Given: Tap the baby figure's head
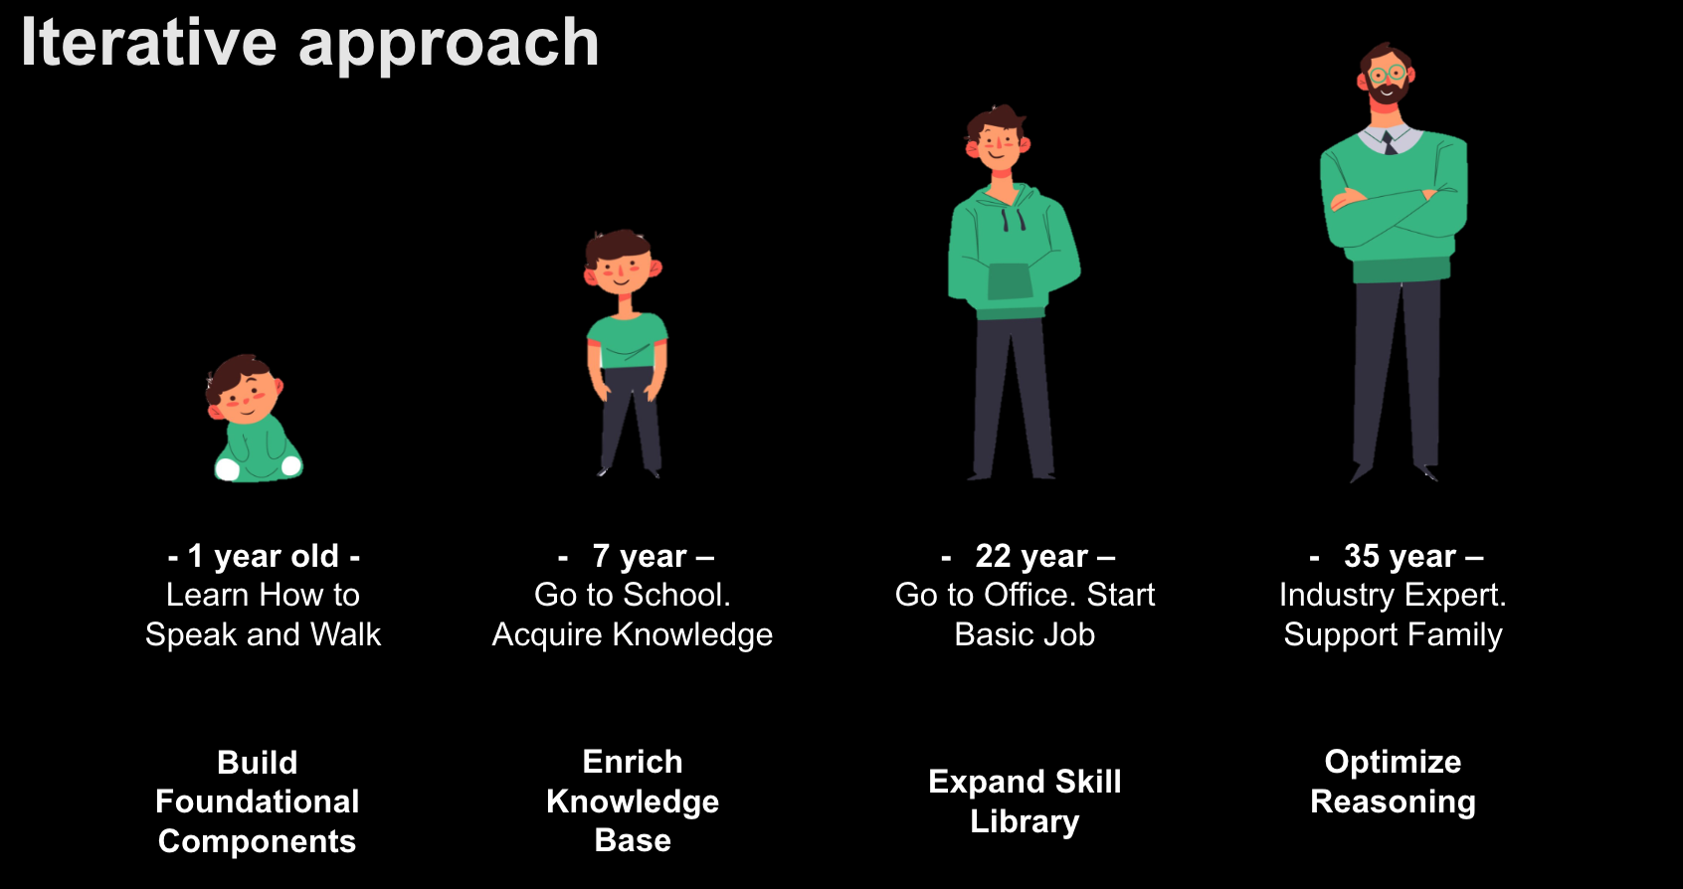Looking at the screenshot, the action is coord(244,390).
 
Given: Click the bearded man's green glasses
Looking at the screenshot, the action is coord(1387,74).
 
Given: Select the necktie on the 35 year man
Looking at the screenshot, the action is coord(1390,142).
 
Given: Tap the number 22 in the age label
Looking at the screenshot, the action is coord(993,557).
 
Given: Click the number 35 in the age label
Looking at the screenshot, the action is coord(1362,557).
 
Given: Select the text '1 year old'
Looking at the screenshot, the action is coord(263,557).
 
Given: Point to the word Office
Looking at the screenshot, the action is coord(1030,595).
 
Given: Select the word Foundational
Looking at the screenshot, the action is coord(257,801).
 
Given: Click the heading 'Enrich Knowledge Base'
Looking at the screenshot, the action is coord(633,801).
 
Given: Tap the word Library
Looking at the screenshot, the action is coord(1025,821).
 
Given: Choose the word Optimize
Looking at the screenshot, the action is coord(1393,763).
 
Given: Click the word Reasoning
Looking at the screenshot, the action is coord(1393,802).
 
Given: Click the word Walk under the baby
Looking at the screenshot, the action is coord(345,635).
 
